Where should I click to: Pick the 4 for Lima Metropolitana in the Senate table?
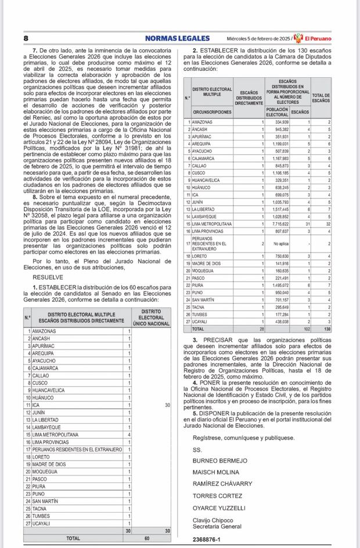coord(129,434)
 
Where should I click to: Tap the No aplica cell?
coord(280,243)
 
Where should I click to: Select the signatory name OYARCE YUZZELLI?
coord(217,506)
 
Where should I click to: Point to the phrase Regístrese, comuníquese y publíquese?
coord(243,438)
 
